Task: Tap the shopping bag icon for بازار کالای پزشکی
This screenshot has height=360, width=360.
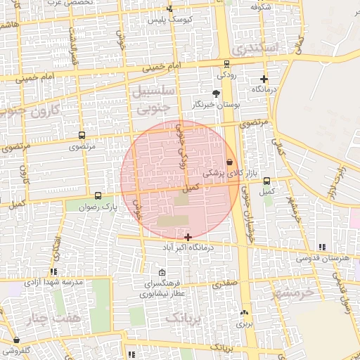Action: pos(230,162)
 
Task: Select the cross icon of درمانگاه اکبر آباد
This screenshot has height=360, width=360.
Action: pos(187,238)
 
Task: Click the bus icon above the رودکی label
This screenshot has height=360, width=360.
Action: pos(226,64)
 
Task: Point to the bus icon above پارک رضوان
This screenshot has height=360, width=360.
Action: pos(97,196)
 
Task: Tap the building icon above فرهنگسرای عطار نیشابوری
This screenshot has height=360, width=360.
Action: pos(162,273)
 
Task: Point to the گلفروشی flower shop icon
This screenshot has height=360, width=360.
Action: pos(6,339)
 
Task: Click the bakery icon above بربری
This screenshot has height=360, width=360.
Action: pos(243,312)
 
